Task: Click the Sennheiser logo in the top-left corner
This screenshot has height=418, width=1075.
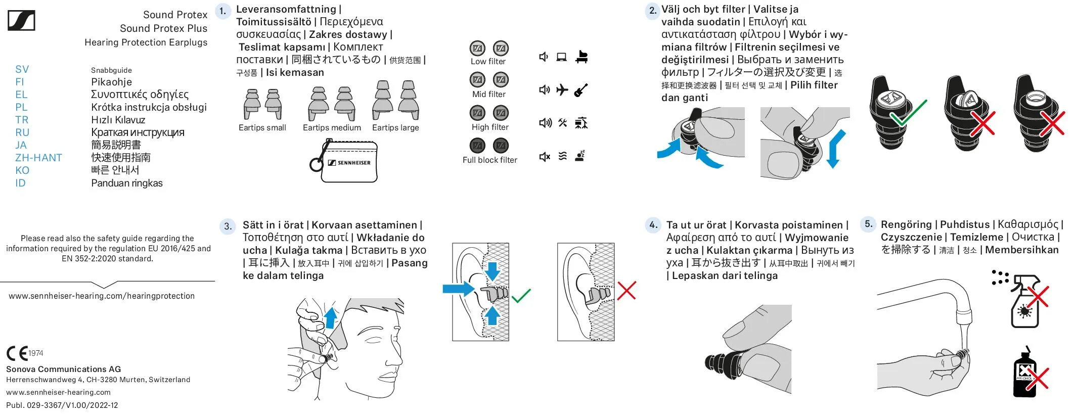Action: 21,21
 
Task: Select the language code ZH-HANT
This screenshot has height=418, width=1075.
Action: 38,158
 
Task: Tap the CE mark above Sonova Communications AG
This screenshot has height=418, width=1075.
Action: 18,353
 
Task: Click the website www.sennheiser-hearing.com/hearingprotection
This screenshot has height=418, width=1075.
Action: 102,296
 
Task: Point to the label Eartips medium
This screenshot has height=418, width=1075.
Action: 332,128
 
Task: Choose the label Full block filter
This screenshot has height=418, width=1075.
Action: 489,160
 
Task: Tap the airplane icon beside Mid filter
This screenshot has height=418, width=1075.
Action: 562,90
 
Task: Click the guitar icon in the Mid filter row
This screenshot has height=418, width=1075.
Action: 581,90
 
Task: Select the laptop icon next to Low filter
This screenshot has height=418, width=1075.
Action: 561,57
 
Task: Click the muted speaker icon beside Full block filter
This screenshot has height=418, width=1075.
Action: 544,157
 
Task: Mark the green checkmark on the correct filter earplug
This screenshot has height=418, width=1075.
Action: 909,113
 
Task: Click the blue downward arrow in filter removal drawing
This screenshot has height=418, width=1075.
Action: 835,149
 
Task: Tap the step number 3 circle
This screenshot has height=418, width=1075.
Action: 228,226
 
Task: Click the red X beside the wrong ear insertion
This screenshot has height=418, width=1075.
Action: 626,291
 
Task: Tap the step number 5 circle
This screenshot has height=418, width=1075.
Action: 868,224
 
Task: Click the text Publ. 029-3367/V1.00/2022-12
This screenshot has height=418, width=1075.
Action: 62,405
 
